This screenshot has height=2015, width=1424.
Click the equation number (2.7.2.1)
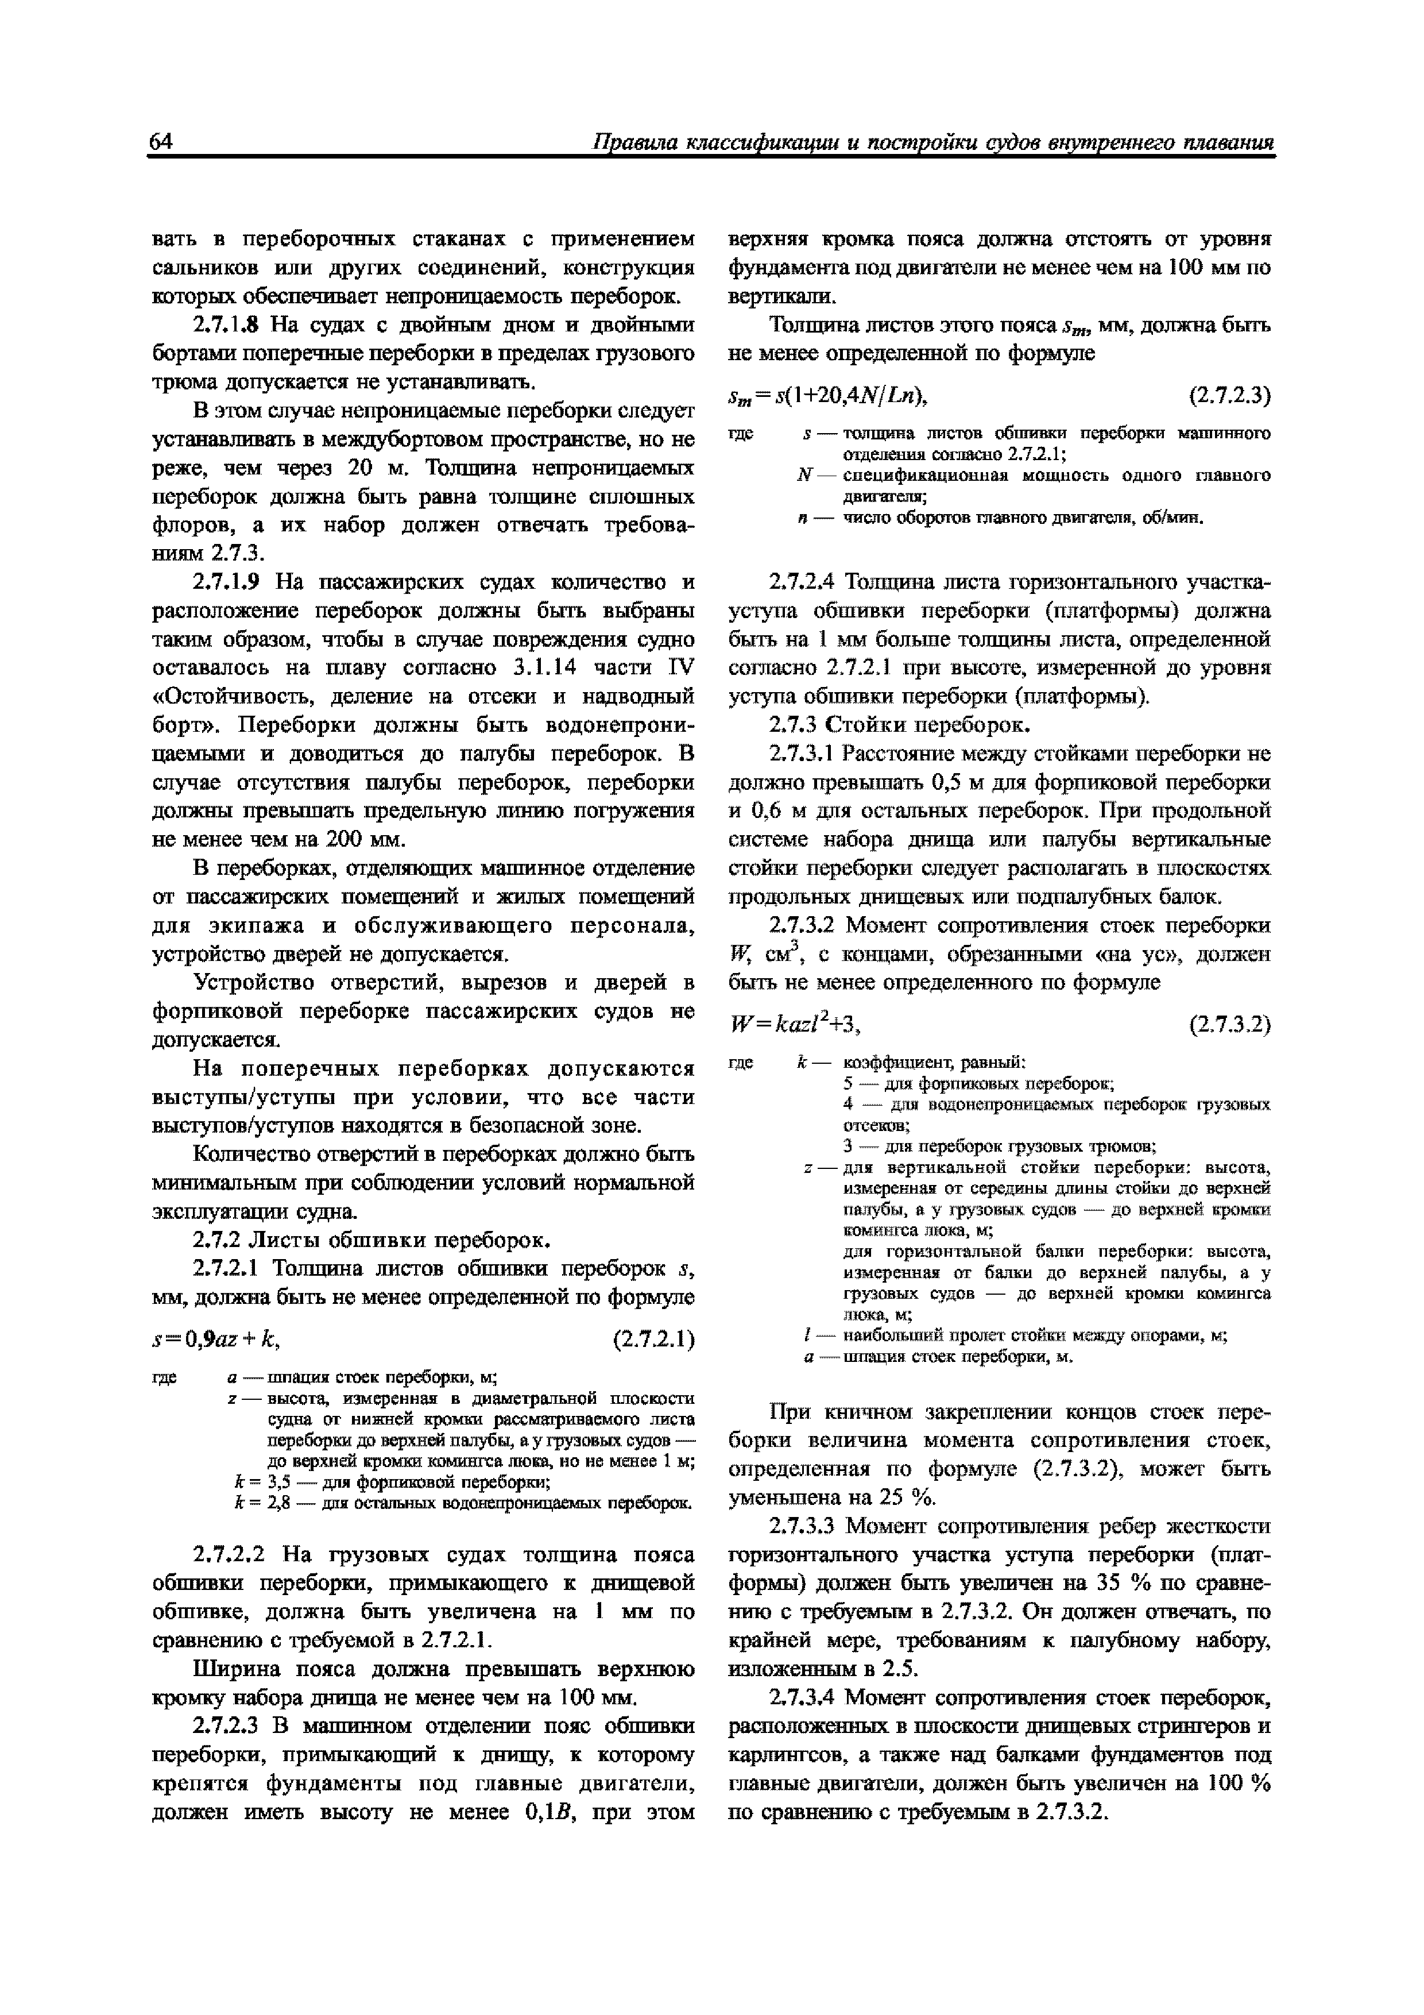(x=653, y=1340)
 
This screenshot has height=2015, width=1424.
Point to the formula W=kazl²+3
(x=796, y=1024)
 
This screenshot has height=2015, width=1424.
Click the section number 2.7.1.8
(x=226, y=326)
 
